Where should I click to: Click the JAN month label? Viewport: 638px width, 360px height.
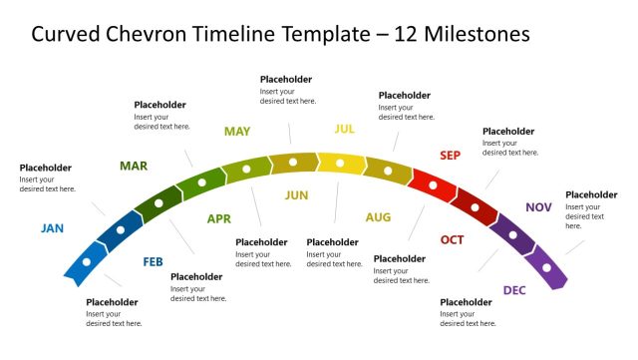[52, 228]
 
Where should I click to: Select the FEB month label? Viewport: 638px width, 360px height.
[153, 262]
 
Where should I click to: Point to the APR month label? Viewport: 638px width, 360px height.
[218, 218]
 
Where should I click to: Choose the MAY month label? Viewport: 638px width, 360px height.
[237, 131]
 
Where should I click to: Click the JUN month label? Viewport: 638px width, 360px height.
[296, 195]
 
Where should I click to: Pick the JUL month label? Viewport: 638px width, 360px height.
[344, 129]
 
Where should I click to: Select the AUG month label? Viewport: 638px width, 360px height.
[378, 217]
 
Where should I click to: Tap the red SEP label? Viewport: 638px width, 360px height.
[451, 156]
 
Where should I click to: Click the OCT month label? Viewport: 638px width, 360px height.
[452, 240]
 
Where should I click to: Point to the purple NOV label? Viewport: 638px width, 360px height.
[538, 207]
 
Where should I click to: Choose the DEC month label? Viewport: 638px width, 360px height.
[514, 290]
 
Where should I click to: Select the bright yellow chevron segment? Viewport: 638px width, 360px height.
[340, 163]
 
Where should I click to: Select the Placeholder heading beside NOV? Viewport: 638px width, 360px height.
[591, 194]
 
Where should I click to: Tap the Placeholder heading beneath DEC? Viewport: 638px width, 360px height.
[466, 302]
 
